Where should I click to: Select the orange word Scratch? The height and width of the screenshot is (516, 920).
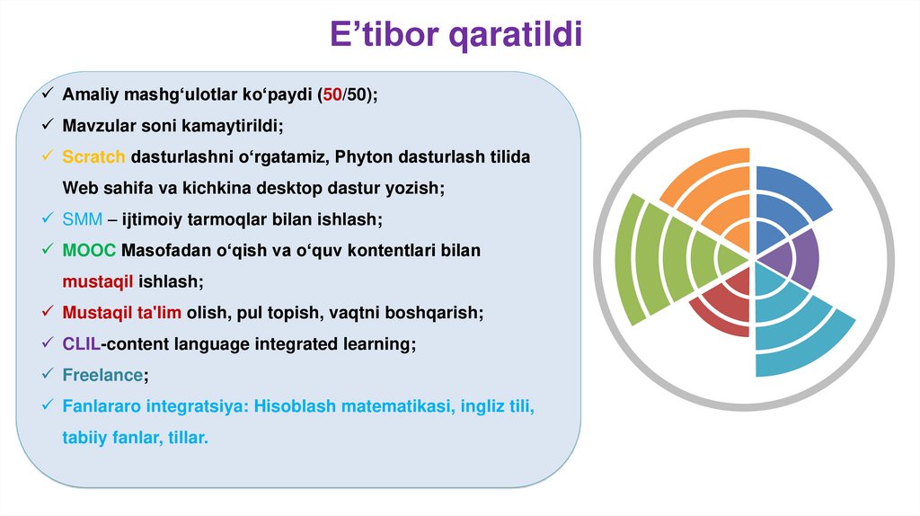coord(93,156)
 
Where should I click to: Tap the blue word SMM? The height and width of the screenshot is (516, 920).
coord(82,219)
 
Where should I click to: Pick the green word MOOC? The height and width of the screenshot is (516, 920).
coord(89,250)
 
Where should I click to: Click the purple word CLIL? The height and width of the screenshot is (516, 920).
coord(81,343)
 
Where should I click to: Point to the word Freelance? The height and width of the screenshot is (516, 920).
coord(102,375)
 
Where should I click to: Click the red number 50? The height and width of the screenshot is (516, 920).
coord(332,94)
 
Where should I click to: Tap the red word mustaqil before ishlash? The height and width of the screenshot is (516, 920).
coord(97,281)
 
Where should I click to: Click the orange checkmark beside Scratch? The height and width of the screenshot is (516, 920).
coord(48,156)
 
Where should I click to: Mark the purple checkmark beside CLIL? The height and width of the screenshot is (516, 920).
coord(48,343)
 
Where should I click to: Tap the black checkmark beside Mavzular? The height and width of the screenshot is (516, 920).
coord(48,125)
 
